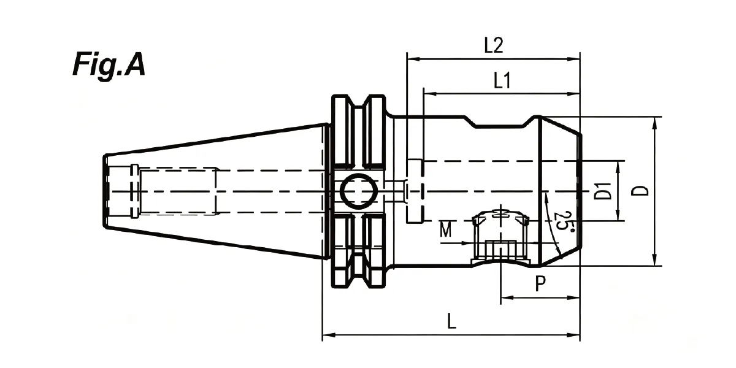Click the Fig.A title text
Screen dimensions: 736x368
[109, 65]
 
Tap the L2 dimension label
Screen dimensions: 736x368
[494, 45]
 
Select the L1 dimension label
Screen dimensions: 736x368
[502, 80]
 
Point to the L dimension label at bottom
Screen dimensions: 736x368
[452, 321]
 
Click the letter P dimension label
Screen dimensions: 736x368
[540, 283]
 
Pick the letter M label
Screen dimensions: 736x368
[445, 229]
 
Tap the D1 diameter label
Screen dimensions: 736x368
[604, 191]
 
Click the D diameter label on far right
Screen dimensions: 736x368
[640, 191]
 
